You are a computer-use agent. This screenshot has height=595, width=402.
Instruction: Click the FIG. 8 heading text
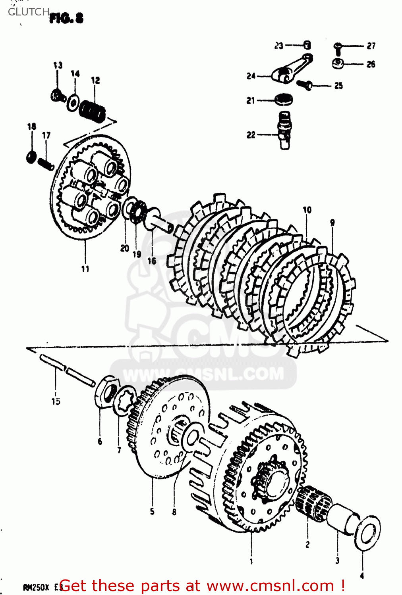pos(66,18)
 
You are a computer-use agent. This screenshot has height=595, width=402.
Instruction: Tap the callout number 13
pos(58,65)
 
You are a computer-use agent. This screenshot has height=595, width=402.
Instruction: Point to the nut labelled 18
pos(31,156)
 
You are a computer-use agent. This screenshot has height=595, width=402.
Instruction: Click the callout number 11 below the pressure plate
pos(85,269)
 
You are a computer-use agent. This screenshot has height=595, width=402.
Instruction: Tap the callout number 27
pos(371,46)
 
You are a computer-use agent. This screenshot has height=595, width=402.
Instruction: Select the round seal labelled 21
pos(284,99)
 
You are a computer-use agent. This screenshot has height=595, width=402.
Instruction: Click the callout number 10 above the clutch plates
pos(307,210)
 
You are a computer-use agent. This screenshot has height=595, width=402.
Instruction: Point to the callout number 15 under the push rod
pos(56,401)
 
